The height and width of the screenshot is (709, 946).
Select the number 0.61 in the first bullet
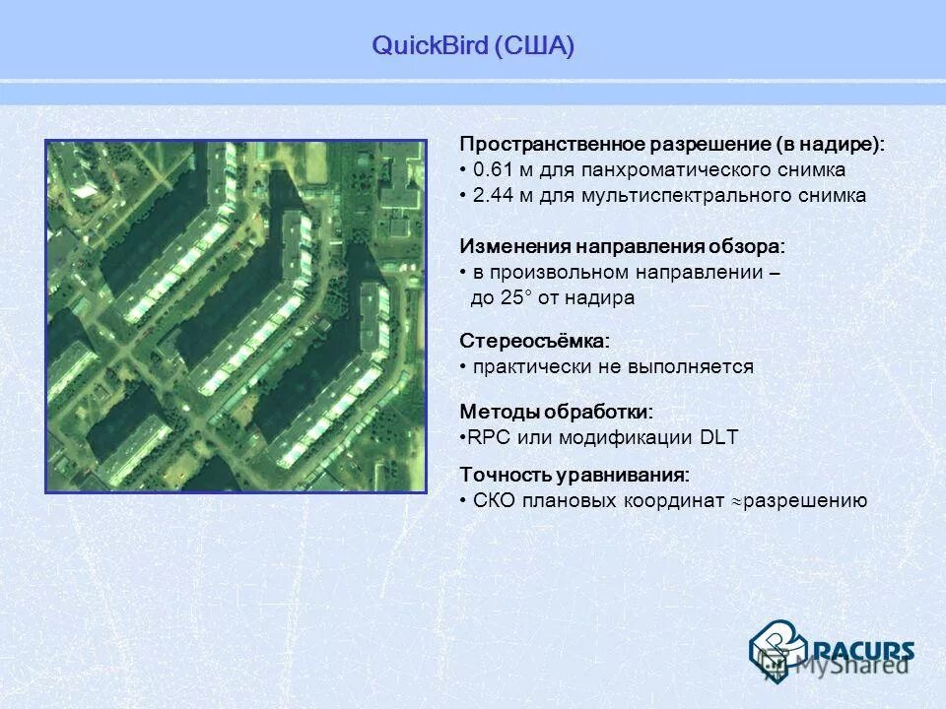[x=492, y=169]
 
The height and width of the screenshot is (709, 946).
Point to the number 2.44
[x=492, y=195]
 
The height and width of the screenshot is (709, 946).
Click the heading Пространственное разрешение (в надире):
[x=672, y=144]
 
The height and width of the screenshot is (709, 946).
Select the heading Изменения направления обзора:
[x=623, y=246]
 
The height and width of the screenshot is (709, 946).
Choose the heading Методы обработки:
[x=557, y=412]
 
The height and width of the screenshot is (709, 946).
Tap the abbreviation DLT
[x=718, y=437]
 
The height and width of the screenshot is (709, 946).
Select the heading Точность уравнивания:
[x=574, y=475]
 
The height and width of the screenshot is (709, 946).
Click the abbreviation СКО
[x=494, y=500]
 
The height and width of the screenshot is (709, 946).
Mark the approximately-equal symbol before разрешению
[x=736, y=501]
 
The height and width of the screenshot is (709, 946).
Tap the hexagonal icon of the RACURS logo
[x=777, y=648]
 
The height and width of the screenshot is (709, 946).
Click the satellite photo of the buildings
[x=236, y=315]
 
